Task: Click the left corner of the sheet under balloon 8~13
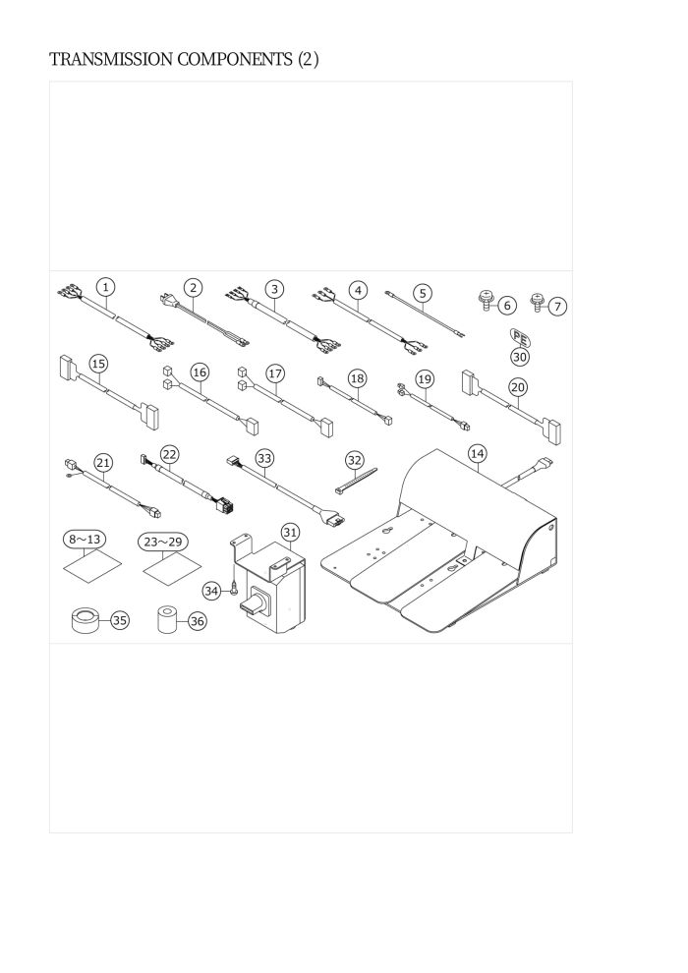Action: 64,567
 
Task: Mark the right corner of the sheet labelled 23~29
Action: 202,565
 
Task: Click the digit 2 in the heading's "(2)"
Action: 309,60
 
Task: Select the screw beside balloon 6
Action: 487,302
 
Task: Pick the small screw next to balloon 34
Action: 233,589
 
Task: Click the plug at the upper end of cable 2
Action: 166,301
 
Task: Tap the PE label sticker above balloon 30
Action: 521,338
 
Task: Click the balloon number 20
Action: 518,388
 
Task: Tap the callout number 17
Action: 275,373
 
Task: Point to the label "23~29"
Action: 163,542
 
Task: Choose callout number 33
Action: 265,459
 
